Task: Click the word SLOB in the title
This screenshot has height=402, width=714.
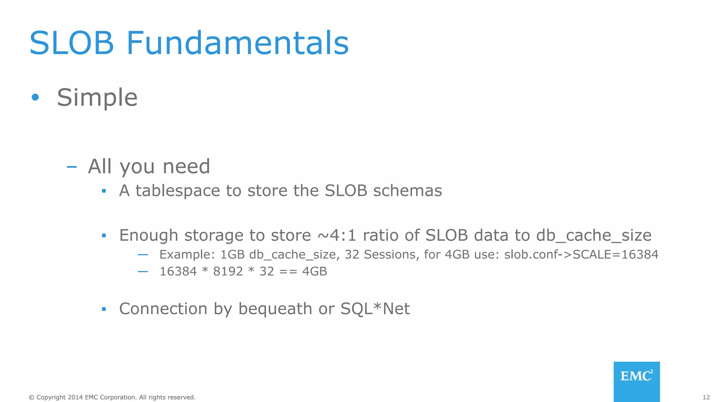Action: click(x=72, y=43)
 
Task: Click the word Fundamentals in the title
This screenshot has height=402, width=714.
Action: click(x=237, y=43)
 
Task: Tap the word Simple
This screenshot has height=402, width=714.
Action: click(x=97, y=97)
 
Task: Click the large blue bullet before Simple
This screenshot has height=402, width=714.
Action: click(x=35, y=97)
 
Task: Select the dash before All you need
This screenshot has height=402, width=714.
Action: click(x=71, y=167)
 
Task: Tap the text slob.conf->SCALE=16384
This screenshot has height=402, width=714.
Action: click(x=581, y=254)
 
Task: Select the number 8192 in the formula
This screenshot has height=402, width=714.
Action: click(x=228, y=271)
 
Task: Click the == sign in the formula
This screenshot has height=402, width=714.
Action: click(x=288, y=271)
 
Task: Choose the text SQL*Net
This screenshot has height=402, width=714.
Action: click(x=375, y=309)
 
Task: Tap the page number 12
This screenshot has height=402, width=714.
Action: click(x=706, y=397)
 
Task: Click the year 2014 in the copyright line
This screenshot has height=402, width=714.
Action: click(x=75, y=397)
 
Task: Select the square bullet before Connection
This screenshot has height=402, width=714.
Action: click(x=104, y=309)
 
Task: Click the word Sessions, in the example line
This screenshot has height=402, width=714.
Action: click(x=390, y=254)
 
